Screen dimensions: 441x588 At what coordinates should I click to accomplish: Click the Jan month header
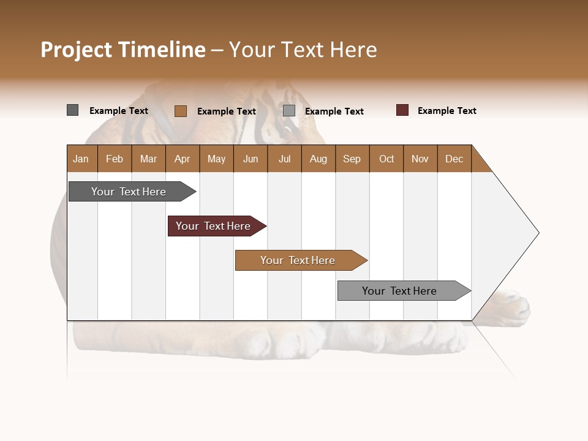point(81,159)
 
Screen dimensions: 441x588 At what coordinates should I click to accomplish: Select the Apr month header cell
point(182,159)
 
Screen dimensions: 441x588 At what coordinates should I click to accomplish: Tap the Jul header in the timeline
point(284,159)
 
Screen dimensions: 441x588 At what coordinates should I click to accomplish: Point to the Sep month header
point(352,159)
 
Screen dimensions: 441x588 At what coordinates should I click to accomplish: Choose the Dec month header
point(454,159)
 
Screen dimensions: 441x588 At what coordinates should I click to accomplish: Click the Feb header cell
point(115,159)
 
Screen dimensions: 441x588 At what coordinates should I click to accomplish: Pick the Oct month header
point(386,159)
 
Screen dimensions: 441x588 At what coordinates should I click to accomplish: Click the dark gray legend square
point(72,110)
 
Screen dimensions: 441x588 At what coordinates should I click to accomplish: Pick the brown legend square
point(180,111)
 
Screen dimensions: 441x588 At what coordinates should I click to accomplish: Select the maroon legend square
point(402,110)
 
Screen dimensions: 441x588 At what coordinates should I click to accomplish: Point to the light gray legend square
point(289,110)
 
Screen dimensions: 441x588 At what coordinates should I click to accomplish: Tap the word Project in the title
point(77,50)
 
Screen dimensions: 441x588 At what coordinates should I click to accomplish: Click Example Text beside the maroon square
point(447,111)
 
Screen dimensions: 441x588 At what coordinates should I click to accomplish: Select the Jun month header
point(250,159)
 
